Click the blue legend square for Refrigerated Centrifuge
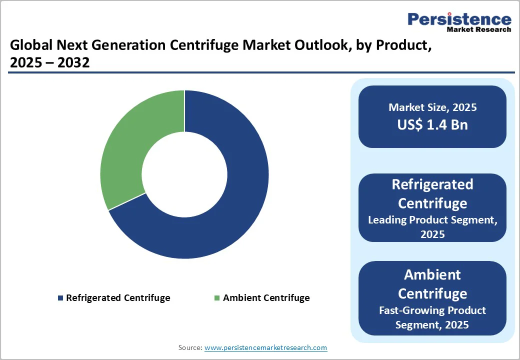[x=61, y=298]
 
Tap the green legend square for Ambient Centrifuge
[x=217, y=298]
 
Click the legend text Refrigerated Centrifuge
[x=118, y=298]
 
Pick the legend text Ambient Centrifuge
[x=266, y=298]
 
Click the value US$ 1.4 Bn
[x=432, y=124]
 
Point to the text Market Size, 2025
[x=432, y=107]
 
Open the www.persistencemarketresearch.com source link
[x=265, y=347]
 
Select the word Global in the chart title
[x=29, y=46]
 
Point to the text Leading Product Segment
[x=432, y=219]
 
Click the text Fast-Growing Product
[x=432, y=310]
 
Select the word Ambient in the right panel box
[x=432, y=274]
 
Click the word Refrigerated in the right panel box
[x=432, y=184]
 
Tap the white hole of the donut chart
[x=184, y=174]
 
